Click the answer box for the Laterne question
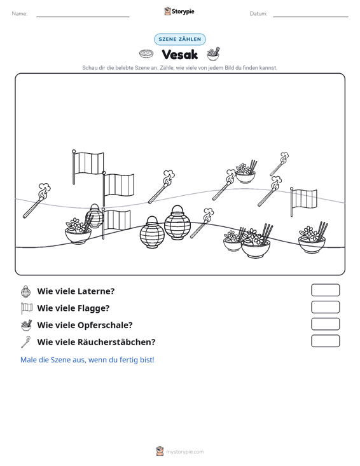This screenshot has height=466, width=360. pos(325,290)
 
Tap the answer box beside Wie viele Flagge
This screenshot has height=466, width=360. pos(325,307)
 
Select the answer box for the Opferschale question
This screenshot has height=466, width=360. pos(325,324)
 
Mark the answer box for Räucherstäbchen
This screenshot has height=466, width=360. pos(325,341)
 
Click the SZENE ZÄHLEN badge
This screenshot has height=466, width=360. pos(180,39)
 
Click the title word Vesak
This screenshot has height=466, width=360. pos(180,55)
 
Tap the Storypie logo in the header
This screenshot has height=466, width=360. pos(179,11)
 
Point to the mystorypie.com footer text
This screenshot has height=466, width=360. pos(184,452)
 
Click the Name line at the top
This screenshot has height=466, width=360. pos(83,17)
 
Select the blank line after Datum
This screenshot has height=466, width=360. pos(310,17)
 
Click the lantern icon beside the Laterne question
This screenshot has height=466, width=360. pos(26,292)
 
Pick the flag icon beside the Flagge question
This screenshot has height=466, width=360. pos(27,308)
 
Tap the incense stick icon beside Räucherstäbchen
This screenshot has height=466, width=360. pos(26,342)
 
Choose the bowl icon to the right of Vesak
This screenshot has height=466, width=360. pos(213,54)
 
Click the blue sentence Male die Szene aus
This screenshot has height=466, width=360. pos(87,360)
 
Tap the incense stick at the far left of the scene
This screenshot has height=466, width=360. pos(37,201)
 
